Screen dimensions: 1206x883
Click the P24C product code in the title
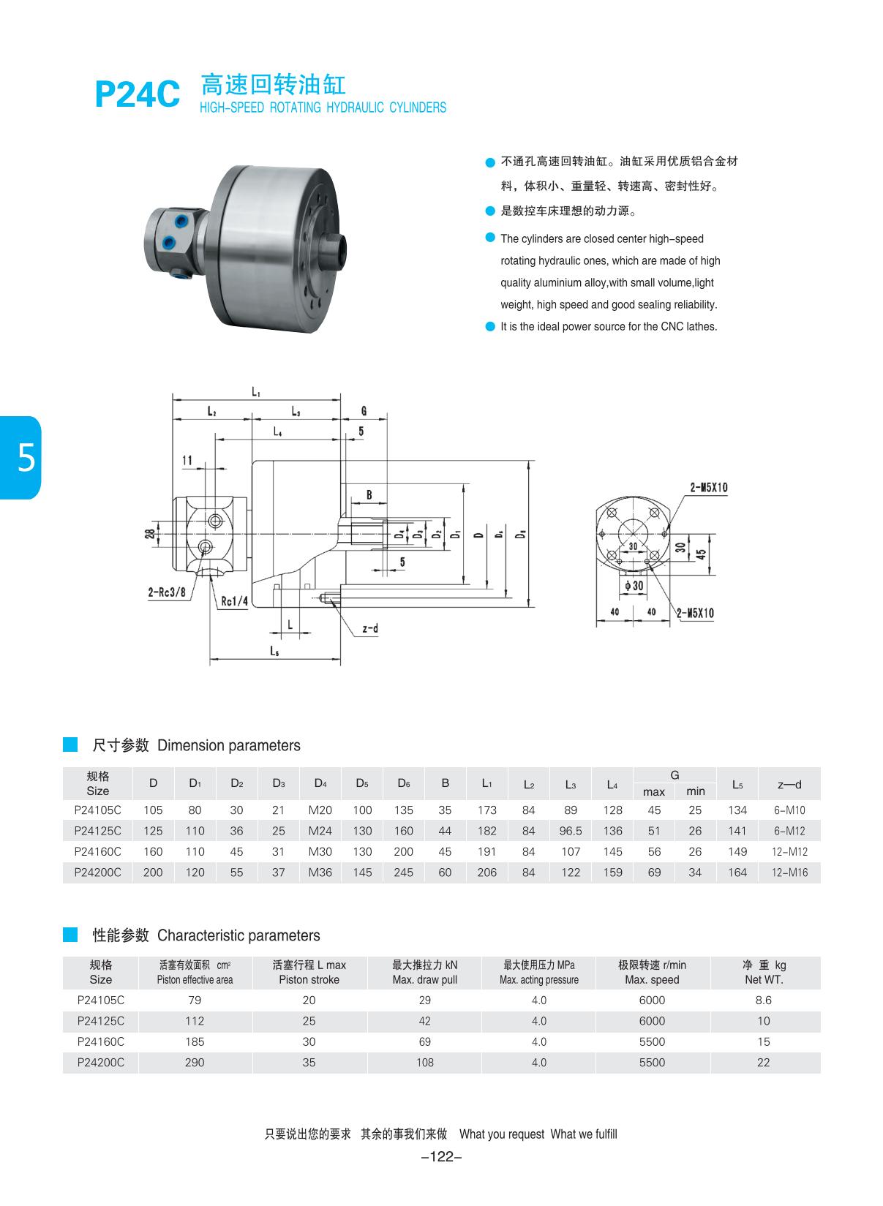point(137,94)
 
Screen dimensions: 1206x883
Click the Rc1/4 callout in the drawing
point(235,601)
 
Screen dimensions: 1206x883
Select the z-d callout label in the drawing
point(370,628)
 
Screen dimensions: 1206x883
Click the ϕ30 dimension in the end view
point(634,586)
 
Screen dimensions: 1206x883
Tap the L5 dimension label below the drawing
point(274,650)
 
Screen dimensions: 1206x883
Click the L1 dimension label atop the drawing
point(256,392)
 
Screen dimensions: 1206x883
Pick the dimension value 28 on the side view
point(150,535)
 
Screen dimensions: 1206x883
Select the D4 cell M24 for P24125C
point(320,831)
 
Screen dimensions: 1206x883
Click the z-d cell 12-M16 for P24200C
point(789,873)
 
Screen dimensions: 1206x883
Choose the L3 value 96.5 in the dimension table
point(571,831)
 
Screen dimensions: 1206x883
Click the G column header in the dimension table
point(675,775)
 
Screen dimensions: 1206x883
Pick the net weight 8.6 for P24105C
point(763,1000)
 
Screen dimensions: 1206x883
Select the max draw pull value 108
point(424,1063)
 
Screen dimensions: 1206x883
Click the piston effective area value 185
point(195,1042)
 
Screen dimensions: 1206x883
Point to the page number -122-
point(442,1157)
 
